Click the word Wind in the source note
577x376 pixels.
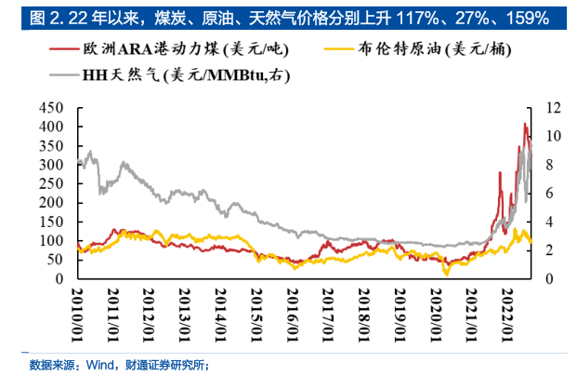click(x=99, y=364)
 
